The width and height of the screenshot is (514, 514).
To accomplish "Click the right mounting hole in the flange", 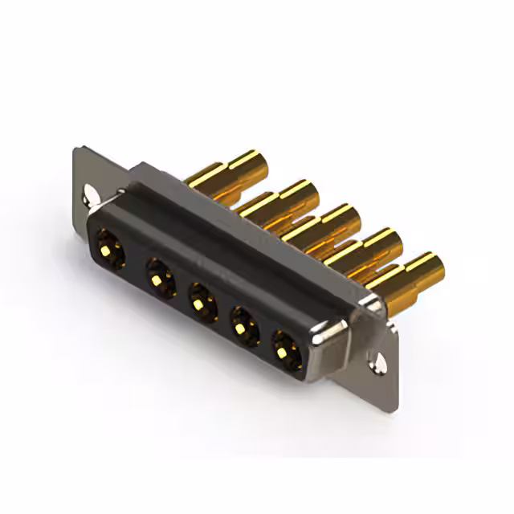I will (x=375, y=363).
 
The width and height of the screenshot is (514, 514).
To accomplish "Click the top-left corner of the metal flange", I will (x=75, y=149).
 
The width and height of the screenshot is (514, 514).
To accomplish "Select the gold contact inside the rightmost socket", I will (x=284, y=348).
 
